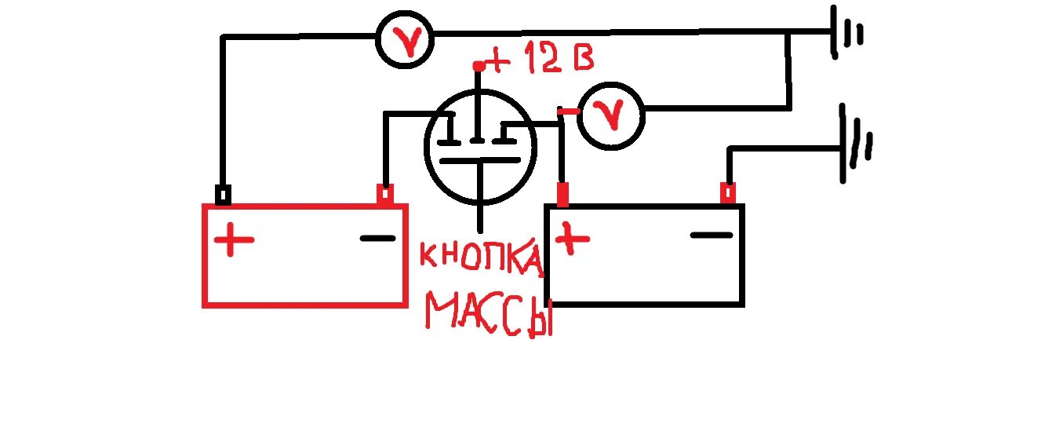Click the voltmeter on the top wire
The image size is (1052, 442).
405,40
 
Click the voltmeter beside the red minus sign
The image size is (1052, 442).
612,117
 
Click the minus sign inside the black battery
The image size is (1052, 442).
712,234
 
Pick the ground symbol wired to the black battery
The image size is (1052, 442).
856,144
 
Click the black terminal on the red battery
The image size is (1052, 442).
223,195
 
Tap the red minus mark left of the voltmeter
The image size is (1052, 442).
568,112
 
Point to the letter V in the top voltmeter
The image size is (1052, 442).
405,41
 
